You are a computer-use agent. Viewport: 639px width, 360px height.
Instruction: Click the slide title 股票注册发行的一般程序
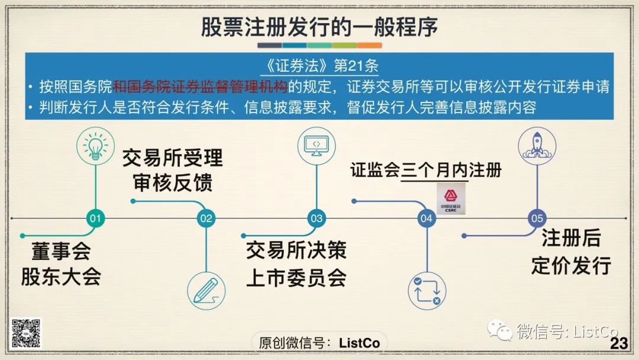coord(319,27)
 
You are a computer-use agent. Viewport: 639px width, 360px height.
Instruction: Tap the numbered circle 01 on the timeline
coord(95,218)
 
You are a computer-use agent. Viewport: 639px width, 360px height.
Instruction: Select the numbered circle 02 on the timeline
coord(206,218)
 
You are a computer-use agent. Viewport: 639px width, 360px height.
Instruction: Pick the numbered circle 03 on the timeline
coord(317,218)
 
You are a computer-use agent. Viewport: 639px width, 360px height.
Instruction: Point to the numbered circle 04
coord(427,218)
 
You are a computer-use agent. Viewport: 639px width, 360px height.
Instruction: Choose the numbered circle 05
coord(537,218)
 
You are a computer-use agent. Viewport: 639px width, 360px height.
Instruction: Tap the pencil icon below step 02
coord(206,290)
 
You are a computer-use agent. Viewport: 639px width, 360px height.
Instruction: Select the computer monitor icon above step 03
coord(316,145)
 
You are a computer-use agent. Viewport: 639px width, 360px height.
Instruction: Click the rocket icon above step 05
coord(537,145)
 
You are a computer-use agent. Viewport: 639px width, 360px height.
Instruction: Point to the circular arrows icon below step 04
coord(427,290)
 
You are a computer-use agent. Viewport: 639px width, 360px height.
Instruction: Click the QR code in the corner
coord(27,333)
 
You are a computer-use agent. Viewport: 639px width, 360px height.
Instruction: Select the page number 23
coord(618,343)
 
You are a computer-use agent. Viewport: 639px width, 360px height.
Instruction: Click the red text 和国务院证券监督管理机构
coord(200,86)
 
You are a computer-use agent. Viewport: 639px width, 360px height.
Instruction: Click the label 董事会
coord(60,252)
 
